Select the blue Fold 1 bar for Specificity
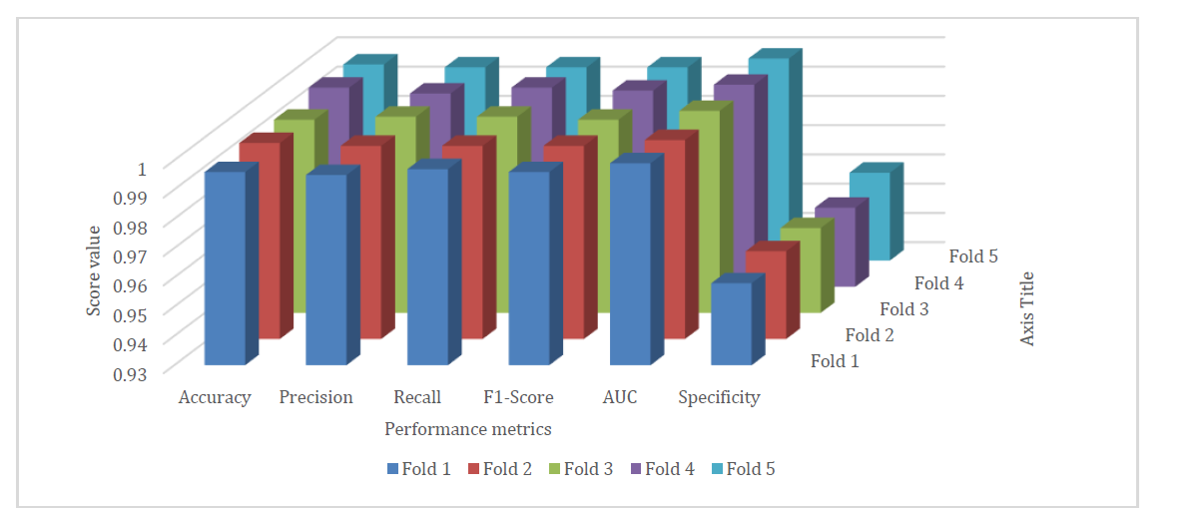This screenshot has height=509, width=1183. (x=730, y=323)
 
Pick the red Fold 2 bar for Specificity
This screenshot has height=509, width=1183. (x=766, y=293)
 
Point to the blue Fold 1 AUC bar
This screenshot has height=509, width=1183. (x=629, y=263)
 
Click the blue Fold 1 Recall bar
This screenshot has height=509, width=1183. (x=427, y=266)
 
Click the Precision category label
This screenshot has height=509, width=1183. (x=315, y=397)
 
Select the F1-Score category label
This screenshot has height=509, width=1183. (x=518, y=397)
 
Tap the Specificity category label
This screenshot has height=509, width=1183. (x=719, y=397)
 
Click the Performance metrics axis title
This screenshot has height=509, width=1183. (x=468, y=428)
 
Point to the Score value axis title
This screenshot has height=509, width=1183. (x=94, y=270)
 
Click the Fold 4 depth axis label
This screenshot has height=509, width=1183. (x=939, y=283)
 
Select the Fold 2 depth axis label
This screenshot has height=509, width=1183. (x=870, y=335)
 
